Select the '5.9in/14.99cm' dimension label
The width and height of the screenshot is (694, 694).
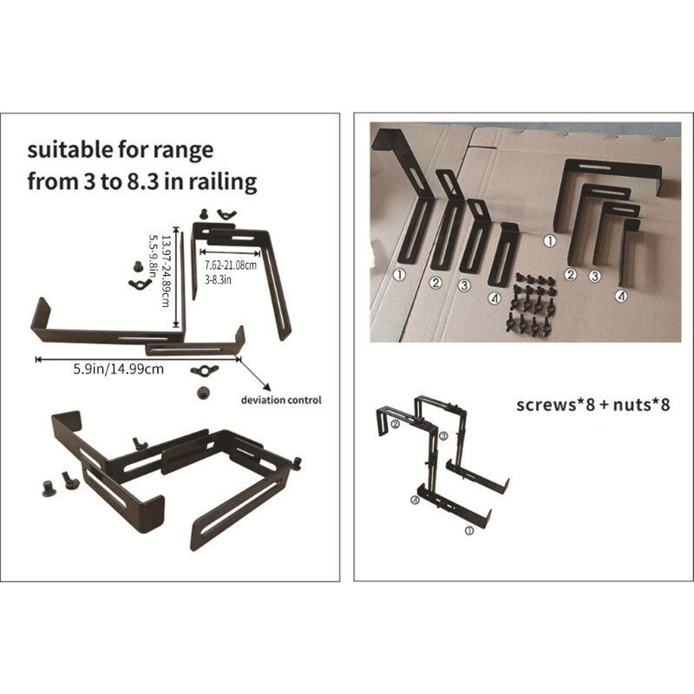(118, 369)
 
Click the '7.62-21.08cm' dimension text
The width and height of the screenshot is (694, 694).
(230, 265)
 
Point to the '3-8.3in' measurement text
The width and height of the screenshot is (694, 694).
(218, 279)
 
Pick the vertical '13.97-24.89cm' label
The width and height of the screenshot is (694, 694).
(166, 271)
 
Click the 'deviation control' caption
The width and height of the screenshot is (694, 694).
(281, 400)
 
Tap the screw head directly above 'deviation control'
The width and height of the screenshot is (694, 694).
(203, 392)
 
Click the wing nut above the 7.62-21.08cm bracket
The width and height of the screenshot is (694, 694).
(226, 214)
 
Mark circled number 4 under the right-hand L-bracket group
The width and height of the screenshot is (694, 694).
(622, 296)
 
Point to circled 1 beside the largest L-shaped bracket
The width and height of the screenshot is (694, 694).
(549, 241)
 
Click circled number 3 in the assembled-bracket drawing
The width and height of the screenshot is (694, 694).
(443, 436)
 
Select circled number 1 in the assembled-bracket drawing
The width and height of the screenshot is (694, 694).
(469, 530)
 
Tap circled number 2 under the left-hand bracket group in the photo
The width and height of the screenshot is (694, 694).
(436, 282)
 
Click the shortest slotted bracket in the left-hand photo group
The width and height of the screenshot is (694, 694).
(503, 254)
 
